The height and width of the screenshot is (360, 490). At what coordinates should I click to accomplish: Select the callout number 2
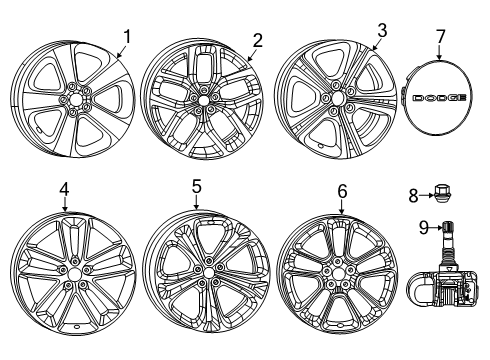[x=257, y=40]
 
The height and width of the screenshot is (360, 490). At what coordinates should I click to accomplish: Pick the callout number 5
[x=197, y=185]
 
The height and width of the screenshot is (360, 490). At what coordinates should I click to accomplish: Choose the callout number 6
[x=342, y=189]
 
